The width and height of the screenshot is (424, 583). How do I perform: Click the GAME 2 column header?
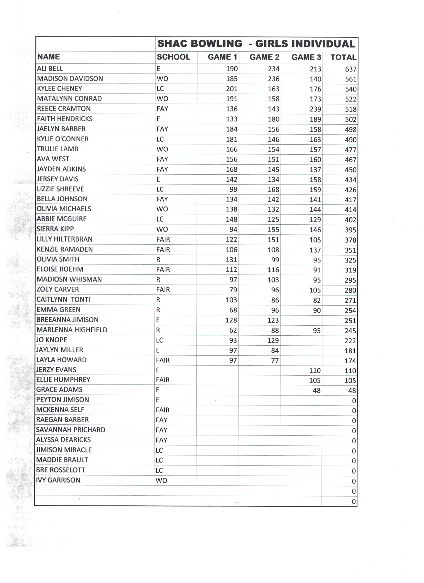(x=264, y=57)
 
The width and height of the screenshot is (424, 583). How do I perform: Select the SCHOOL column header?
(x=174, y=57)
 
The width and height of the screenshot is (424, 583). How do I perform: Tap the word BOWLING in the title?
(x=216, y=44)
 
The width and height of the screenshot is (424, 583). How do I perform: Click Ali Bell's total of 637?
(x=351, y=69)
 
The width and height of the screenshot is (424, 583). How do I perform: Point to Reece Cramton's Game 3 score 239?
(x=315, y=109)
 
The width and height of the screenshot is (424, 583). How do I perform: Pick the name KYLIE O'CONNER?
(x=63, y=139)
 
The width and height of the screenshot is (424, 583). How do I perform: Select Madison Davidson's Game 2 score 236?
(x=273, y=79)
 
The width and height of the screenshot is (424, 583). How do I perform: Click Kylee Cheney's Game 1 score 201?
(x=232, y=89)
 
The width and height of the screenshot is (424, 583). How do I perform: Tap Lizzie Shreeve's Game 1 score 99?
(x=233, y=190)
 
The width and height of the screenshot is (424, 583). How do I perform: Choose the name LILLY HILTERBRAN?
(x=65, y=239)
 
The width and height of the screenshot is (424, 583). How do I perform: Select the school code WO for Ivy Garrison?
(x=161, y=481)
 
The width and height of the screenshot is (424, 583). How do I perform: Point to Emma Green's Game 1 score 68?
(x=233, y=310)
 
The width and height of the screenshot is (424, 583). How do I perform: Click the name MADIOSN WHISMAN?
(x=69, y=280)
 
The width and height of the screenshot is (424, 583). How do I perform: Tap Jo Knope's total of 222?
(x=350, y=341)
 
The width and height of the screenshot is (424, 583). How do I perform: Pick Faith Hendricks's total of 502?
(x=351, y=119)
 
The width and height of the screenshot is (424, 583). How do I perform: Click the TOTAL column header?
(x=343, y=57)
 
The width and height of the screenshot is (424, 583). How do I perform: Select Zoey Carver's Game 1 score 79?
(x=233, y=290)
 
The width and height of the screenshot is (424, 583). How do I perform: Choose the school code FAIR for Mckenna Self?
(x=163, y=410)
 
